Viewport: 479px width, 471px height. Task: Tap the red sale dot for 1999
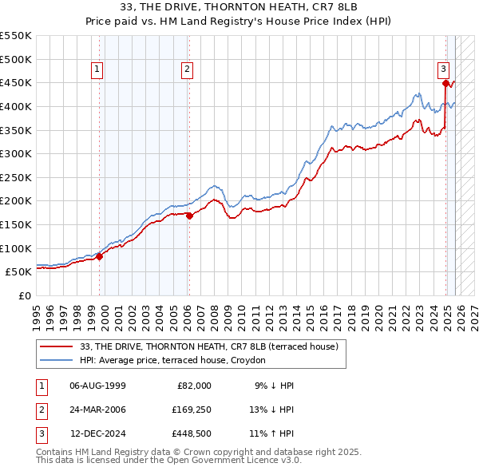[100, 256]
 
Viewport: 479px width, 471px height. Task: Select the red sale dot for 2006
[189, 215]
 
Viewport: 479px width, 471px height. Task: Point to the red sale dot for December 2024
[445, 82]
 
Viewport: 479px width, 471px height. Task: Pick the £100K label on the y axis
[16, 248]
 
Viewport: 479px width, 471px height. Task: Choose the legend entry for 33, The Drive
[210, 346]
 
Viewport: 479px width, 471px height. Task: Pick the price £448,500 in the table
[192, 435]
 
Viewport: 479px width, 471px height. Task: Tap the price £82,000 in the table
[192, 386]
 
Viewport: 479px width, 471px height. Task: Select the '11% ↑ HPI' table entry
[271, 435]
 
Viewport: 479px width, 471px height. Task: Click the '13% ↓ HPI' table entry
[271, 410]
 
